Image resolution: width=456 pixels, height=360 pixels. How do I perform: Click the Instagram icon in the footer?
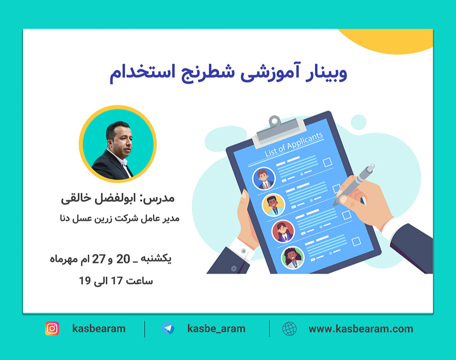tap(52, 329)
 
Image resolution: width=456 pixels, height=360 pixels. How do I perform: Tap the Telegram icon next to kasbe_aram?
tap(168, 329)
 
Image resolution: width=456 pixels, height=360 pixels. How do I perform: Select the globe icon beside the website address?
tap(289, 329)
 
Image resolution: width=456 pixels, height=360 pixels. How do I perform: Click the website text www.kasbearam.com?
tap(361, 329)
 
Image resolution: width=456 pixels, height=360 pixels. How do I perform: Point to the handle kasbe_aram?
tap(216, 329)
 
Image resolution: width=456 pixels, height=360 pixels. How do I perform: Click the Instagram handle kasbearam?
tap(99, 329)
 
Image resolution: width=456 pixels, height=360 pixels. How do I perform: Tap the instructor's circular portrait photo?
tap(117, 144)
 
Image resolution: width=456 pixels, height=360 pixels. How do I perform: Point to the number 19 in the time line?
tap(85, 281)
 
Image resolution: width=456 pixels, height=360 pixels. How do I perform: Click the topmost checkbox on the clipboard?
tap(327, 162)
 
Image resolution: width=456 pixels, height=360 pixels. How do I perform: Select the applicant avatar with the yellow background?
tap(273, 204)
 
